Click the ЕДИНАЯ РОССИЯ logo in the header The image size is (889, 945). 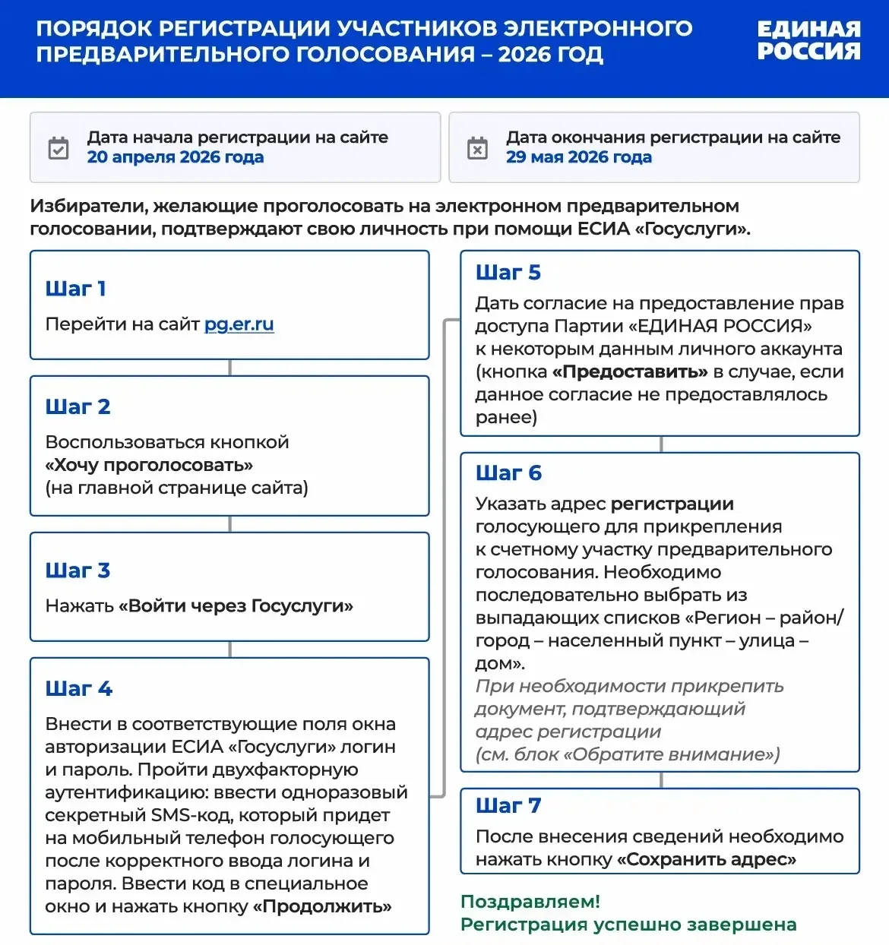coord(808,40)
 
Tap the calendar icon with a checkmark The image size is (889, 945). coord(59,148)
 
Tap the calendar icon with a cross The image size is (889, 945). coord(477,148)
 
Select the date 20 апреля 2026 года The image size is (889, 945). coord(175,157)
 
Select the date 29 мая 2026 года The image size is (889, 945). coord(578,157)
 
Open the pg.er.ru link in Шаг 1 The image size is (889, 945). coord(239,324)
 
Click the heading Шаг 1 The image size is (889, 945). coord(75,289)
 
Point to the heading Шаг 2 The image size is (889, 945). coord(78,407)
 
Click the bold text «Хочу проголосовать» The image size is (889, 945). coord(149,465)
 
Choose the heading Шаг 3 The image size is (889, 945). coord(78,570)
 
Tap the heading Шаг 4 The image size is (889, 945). coord(78,689)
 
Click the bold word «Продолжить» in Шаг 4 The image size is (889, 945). coord(322,906)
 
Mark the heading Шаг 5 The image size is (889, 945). coord(508,273)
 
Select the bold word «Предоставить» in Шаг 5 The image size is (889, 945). coord(630,371)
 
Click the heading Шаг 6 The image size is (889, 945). coord(508,473)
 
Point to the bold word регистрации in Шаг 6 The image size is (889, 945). coord(672,504)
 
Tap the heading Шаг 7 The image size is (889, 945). coord(508,806)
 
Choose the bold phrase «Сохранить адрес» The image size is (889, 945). coord(707,859)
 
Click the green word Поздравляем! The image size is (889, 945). coord(530,902)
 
